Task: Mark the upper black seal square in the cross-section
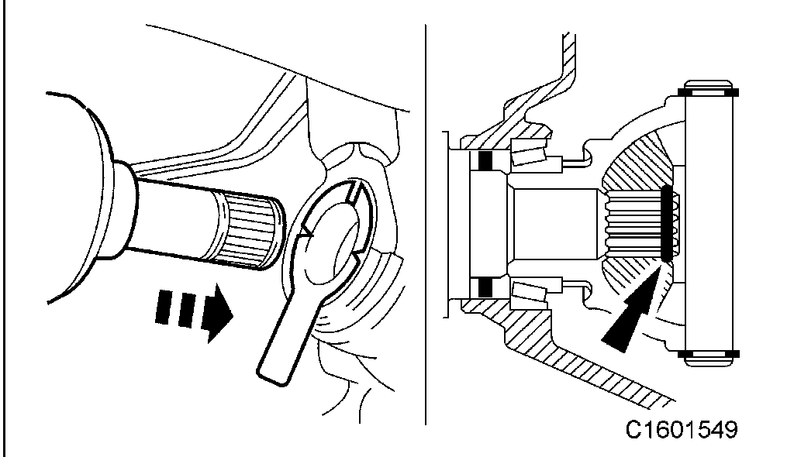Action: [486, 161]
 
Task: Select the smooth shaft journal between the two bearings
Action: [554, 225]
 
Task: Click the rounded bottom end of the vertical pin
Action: [710, 363]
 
